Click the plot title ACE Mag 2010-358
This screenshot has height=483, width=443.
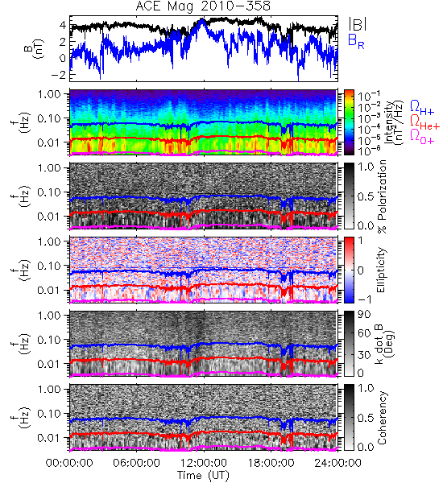click(x=203, y=6)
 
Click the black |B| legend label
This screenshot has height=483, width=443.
click(x=358, y=24)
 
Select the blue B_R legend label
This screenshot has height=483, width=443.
click(x=356, y=41)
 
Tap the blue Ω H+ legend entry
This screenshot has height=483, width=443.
click(x=422, y=108)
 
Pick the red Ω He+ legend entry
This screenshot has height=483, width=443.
click(x=424, y=122)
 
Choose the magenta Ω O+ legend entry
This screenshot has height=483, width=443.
click(x=422, y=137)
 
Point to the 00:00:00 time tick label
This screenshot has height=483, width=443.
click(x=69, y=463)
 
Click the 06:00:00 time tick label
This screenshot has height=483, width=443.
click(x=137, y=463)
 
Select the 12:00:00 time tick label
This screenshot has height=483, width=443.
click(x=204, y=463)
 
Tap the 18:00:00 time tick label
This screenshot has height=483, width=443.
click(x=271, y=463)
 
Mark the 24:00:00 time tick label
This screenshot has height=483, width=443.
click(x=337, y=463)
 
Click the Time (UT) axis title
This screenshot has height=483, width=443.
click(x=204, y=475)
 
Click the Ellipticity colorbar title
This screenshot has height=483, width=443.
click(x=381, y=270)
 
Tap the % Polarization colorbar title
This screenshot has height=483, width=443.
click(x=382, y=196)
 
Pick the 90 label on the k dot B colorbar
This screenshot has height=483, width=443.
click(x=364, y=315)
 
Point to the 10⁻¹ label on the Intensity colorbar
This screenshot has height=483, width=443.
click(x=366, y=95)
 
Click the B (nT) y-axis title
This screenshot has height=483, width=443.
click(x=35, y=48)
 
